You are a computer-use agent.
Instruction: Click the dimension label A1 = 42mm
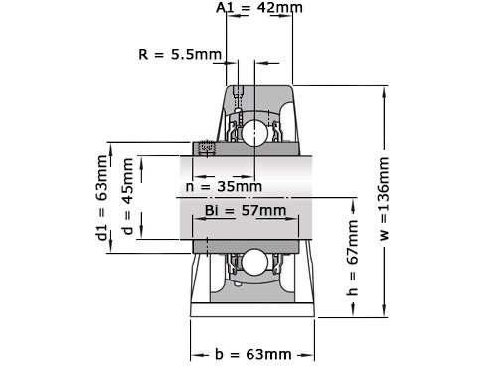(x=259, y=8)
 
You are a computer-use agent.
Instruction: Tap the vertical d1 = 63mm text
(x=102, y=196)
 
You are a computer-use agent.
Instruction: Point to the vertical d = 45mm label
(x=126, y=196)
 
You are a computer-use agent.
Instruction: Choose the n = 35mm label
(x=225, y=186)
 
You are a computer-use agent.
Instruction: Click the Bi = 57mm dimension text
(x=245, y=210)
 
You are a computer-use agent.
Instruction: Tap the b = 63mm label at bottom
(x=253, y=354)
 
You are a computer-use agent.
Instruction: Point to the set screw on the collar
(x=208, y=148)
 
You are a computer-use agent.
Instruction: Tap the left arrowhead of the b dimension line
(x=195, y=354)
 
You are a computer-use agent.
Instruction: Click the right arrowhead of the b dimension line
(x=312, y=354)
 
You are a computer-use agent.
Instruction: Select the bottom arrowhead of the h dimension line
(x=352, y=314)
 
